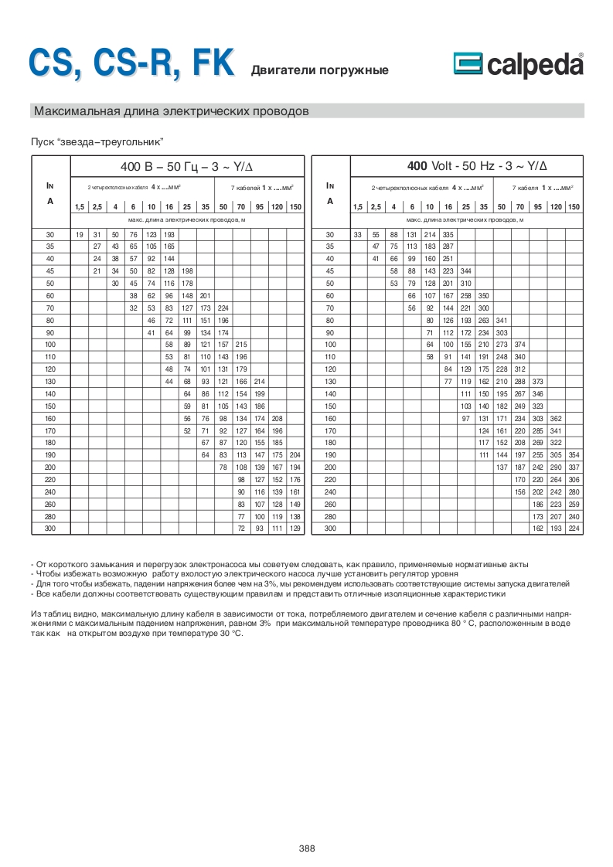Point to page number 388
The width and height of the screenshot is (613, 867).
tap(307, 848)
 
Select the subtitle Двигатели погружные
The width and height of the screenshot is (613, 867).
tap(319, 71)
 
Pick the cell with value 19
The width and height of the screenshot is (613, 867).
tap(79, 234)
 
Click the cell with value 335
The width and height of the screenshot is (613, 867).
tap(448, 234)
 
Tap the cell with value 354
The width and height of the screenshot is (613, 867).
tap(574, 455)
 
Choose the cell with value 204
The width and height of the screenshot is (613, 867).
tap(294, 455)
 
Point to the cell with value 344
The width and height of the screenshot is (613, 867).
tap(465, 271)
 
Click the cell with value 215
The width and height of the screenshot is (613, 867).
tap(240, 345)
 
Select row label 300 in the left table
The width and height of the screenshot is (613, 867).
tap(50, 529)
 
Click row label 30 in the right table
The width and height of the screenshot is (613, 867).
tap(330, 234)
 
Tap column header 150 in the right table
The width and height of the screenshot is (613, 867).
tap(574, 206)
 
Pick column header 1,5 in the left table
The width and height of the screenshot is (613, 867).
tap(79, 206)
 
